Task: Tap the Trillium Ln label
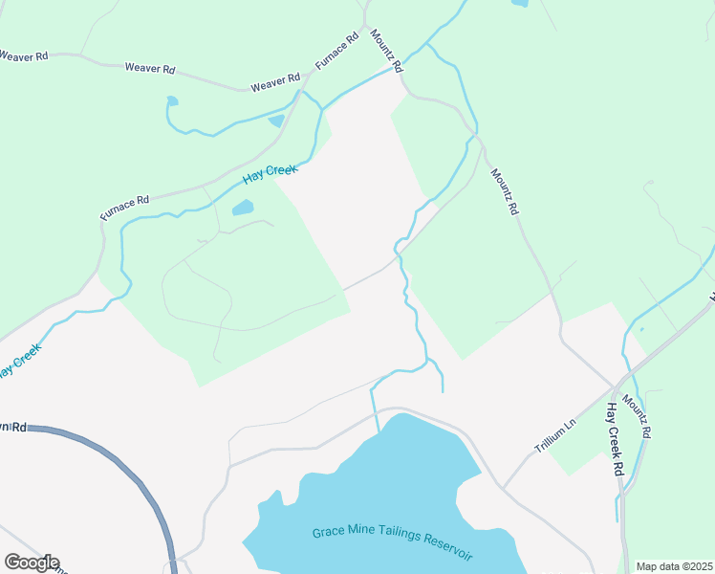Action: point(555,435)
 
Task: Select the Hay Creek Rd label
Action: point(615,440)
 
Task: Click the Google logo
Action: point(31,563)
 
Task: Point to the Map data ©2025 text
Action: point(674,566)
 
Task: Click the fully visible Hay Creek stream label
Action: point(270,174)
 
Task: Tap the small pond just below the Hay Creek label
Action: point(243,207)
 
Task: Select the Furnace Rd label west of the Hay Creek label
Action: point(124,207)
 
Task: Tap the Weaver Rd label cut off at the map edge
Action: point(23,56)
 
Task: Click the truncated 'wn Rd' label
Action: point(13,426)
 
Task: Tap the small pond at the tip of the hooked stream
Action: point(172,99)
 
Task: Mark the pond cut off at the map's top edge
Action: point(519,3)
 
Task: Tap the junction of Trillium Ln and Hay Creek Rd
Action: point(613,389)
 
